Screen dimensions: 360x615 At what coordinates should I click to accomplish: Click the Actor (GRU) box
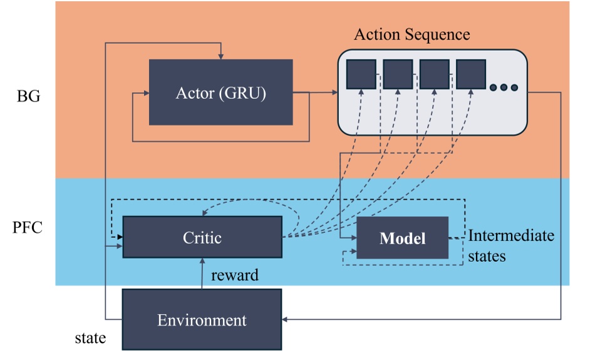tap(220, 93)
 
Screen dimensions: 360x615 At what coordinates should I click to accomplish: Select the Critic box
tap(202, 237)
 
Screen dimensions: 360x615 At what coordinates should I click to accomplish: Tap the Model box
tap(402, 238)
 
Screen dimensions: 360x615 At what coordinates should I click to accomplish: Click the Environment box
tap(202, 320)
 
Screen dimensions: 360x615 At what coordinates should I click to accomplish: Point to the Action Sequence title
tap(411, 34)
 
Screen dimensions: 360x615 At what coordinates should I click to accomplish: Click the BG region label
tap(28, 96)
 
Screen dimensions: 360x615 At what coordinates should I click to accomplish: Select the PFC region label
tap(28, 227)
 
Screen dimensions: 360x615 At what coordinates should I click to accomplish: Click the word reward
tap(235, 275)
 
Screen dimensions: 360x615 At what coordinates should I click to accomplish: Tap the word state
tap(90, 338)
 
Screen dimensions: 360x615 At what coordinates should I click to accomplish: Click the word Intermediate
tap(511, 236)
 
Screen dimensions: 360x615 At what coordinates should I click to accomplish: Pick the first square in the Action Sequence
tap(361, 74)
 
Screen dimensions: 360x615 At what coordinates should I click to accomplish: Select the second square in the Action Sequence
tap(398, 74)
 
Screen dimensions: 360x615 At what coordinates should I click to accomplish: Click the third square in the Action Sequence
tap(434, 74)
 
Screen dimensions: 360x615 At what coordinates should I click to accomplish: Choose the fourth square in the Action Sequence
tap(471, 74)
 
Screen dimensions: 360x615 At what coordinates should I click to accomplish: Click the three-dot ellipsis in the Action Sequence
tap(504, 87)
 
